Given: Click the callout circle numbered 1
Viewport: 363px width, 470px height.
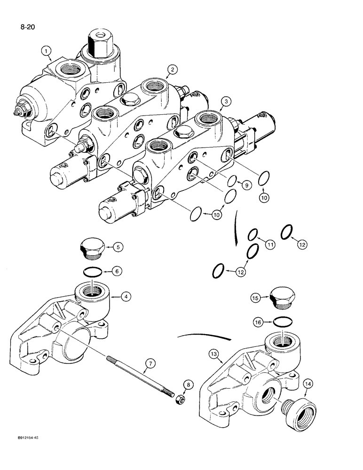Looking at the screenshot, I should pos(46,50).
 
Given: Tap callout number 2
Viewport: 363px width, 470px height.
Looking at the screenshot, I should pos(173,70).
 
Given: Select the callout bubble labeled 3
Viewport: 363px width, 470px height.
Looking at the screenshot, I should pos(227,102).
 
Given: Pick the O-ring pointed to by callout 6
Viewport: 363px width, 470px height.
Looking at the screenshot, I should pos(92,271).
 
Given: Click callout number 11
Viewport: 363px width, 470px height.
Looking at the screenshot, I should pos(269,244).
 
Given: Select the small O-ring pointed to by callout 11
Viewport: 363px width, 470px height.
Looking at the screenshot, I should pos(253,234).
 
